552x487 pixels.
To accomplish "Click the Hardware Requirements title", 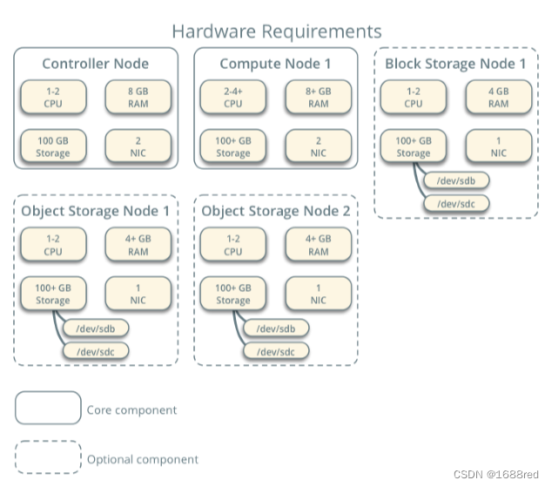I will [x=276, y=31].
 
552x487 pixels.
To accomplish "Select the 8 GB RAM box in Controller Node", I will [x=138, y=97].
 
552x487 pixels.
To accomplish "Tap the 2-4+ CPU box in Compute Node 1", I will [x=232, y=97].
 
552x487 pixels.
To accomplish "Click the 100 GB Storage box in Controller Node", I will [x=53, y=146].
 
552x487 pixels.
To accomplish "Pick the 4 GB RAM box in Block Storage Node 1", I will [x=498, y=97].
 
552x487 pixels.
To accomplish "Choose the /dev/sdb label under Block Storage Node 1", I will [x=454, y=181].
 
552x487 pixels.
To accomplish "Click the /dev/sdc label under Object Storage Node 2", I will [x=276, y=350].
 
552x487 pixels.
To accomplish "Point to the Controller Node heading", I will [x=96, y=64].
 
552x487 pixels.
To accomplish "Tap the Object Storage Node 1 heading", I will [x=96, y=211].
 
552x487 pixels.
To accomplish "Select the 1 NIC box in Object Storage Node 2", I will [x=318, y=294].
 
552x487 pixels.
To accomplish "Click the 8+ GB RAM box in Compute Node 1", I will [x=318, y=97].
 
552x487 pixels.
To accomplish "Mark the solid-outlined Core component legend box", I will [x=48, y=409].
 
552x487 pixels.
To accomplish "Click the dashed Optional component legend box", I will [x=48, y=458].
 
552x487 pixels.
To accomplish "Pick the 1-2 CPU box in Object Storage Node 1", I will [x=53, y=245].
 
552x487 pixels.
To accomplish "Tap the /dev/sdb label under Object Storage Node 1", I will [x=96, y=328].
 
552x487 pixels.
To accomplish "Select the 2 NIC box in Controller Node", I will [x=138, y=146].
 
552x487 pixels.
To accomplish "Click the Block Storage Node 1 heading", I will [x=455, y=64].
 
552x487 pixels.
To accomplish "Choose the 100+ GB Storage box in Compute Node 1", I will [x=232, y=146].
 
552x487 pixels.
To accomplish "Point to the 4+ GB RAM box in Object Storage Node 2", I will [x=318, y=245].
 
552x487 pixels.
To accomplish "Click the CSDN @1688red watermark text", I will [x=496, y=474].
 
